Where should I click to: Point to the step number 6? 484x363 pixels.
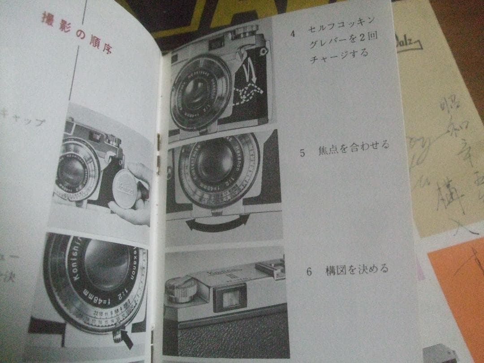[x=309, y=271]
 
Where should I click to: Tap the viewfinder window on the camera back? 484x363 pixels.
[x=230, y=298]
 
